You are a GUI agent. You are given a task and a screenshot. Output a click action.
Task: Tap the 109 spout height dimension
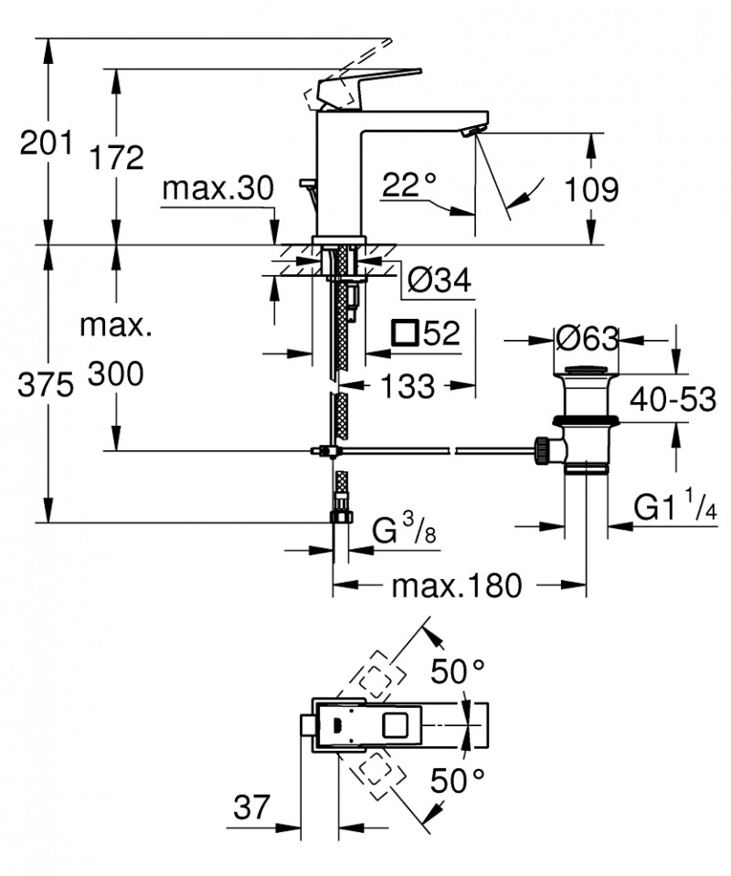coord(590,189)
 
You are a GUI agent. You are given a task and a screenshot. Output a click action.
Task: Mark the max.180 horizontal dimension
coord(456,585)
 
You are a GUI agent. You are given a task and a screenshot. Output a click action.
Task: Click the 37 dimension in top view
coord(252,807)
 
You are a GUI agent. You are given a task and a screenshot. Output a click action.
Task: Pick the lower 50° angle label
coord(457,781)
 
